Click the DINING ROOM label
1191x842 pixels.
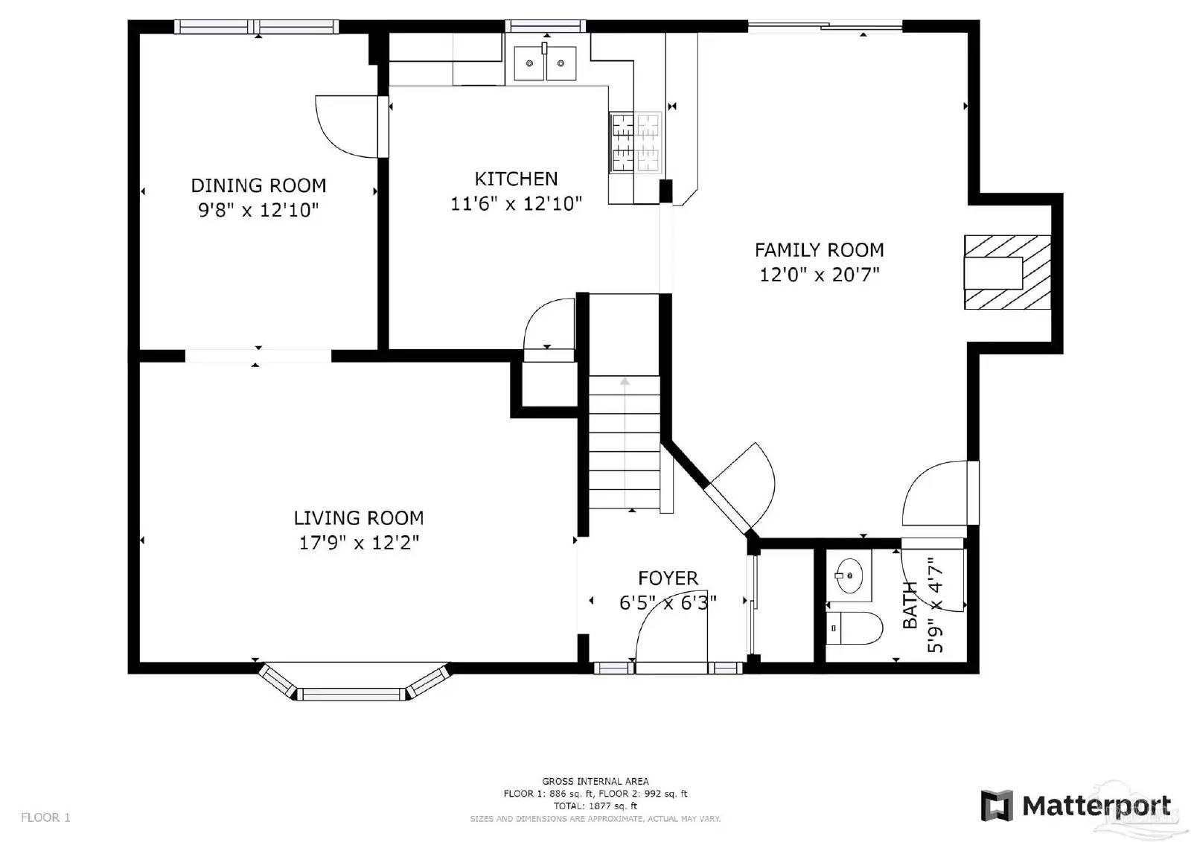point(258,185)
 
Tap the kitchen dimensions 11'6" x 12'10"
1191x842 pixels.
point(516,203)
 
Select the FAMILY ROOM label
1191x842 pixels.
point(819,250)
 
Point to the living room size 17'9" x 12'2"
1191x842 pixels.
point(359,543)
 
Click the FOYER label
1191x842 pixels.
point(668,578)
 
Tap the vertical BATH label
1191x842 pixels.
point(910,605)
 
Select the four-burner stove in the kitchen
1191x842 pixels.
point(636,142)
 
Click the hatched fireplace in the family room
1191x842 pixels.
point(1006,272)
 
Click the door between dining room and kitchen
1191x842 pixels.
point(350,127)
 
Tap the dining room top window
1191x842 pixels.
point(257,27)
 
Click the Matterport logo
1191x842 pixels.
point(1075,806)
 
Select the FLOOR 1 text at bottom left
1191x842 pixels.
point(45,817)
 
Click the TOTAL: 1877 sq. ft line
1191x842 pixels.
point(595,806)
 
